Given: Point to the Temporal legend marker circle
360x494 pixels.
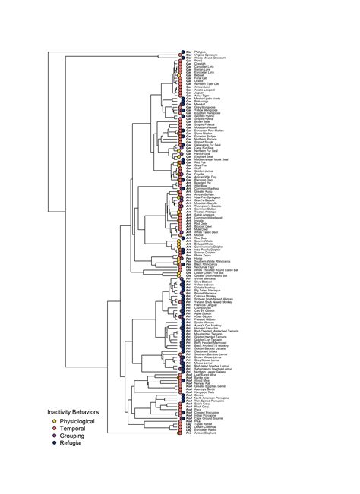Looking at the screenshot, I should click(x=43, y=427).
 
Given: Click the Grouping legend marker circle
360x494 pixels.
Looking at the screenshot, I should click(x=43, y=436).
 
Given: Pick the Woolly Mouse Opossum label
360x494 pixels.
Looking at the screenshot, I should click(x=210, y=57).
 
